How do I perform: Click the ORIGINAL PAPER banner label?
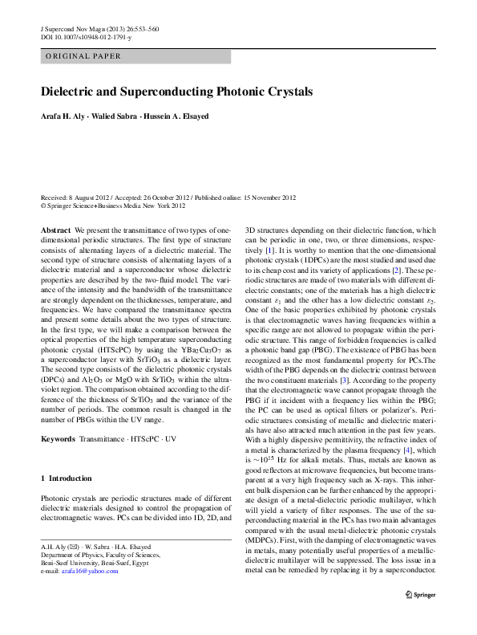83,56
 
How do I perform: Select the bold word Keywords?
58,440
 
